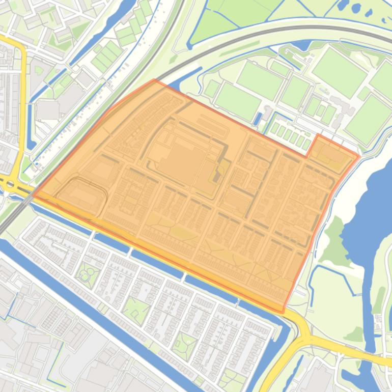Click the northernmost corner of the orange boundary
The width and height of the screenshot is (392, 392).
coord(154,80)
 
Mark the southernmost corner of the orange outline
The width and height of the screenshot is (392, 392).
coord(283,312)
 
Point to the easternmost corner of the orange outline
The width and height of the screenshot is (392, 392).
coord(359,156)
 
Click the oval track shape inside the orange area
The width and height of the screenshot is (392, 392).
coord(81,195)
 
